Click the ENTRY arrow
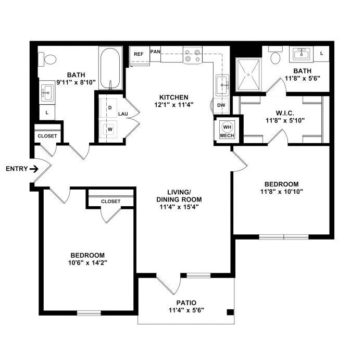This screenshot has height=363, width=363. click(34, 169)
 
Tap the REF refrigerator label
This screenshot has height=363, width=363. click(139, 54)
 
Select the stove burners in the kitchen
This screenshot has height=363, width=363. click(193, 55)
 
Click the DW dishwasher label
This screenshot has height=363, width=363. click(221, 105)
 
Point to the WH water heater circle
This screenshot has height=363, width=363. click(227, 127)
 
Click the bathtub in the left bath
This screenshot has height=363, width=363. click(110, 68)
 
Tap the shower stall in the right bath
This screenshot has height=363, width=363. click(248, 74)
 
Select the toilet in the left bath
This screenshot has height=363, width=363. click(47, 59)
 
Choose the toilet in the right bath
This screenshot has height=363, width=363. click(276, 55)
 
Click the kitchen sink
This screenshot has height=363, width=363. click(222, 85)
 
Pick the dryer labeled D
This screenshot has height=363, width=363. click(108, 108)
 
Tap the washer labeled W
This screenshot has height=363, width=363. click(108, 129)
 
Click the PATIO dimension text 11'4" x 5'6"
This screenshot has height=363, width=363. click(186, 310)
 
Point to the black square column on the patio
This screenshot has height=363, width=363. click(230, 312)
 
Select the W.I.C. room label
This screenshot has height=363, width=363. click(285, 113)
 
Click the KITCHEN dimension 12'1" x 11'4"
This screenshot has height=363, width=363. click(173, 105)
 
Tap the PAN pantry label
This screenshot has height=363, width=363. click(155, 52)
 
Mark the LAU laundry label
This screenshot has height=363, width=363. click(123, 114)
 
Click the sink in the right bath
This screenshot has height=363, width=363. click(301, 54)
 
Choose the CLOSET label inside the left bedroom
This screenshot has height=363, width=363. click(110, 202)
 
